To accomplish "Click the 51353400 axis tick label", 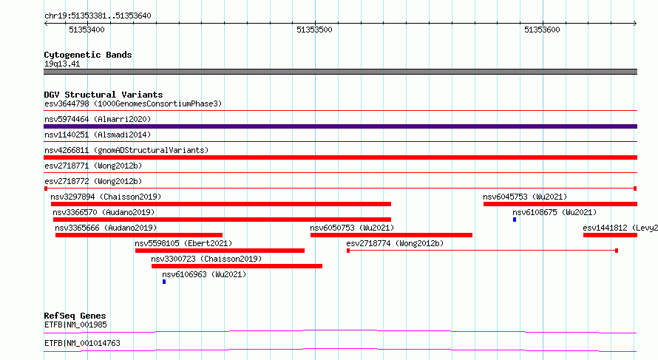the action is coord(87,30).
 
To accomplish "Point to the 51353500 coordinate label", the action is coord(314,30).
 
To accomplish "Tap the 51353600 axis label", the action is coord(542,30).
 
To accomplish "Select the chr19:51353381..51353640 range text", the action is coord(98,16).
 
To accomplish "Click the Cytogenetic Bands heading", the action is coord(88,55).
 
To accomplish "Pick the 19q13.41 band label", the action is coord(62,64).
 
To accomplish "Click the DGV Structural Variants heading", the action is coord(104,95).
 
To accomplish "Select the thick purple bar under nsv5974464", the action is coord(340,126).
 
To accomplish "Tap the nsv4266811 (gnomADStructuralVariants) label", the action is coord(126,150).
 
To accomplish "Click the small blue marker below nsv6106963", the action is coord(164,282).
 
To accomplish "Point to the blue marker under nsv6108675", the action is coord(515,220).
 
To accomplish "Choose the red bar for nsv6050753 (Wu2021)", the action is coord(391,235).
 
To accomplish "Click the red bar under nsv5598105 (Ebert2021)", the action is coord(220,251).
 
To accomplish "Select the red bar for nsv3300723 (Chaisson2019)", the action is coord(237,266).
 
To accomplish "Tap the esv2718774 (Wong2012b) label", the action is coord(395,243).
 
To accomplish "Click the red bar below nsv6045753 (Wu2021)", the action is coord(560,204).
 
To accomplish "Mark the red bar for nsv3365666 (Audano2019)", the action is coord(139,235).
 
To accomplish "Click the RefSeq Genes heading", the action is coord(75,316).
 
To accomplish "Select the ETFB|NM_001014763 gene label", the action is coord(82,343).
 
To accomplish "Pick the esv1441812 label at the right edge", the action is coord(620,228).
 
